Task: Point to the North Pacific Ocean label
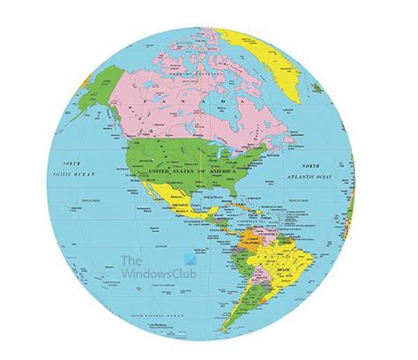pyautogui.click(x=68, y=169)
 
